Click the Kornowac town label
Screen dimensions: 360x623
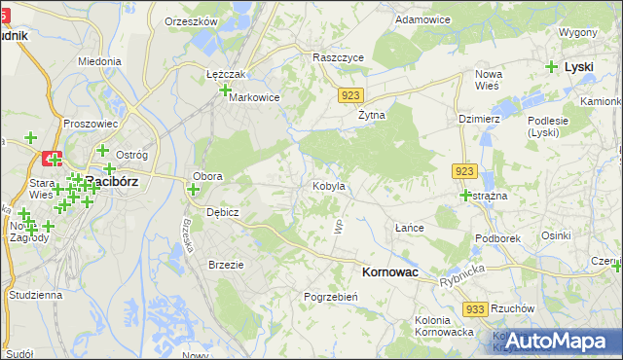click(x=389, y=273)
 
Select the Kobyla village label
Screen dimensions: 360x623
click(x=330, y=185)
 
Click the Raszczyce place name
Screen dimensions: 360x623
click(x=338, y=57)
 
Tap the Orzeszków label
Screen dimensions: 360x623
click(x=190, y=20)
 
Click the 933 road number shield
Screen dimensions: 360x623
click(x=475, y=308)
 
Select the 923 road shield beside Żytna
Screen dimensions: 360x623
click(x=352, y=95)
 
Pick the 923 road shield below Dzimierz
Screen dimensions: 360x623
click(x=463, y=170)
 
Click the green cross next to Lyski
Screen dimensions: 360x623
click(x=552, y=67)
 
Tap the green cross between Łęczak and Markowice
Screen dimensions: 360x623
click(x=226, y=90)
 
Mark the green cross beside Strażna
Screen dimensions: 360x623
click(x=465, y=195)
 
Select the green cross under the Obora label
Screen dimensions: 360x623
click(x=193, y=189)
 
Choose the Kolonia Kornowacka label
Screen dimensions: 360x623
click(x=444, y=326)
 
